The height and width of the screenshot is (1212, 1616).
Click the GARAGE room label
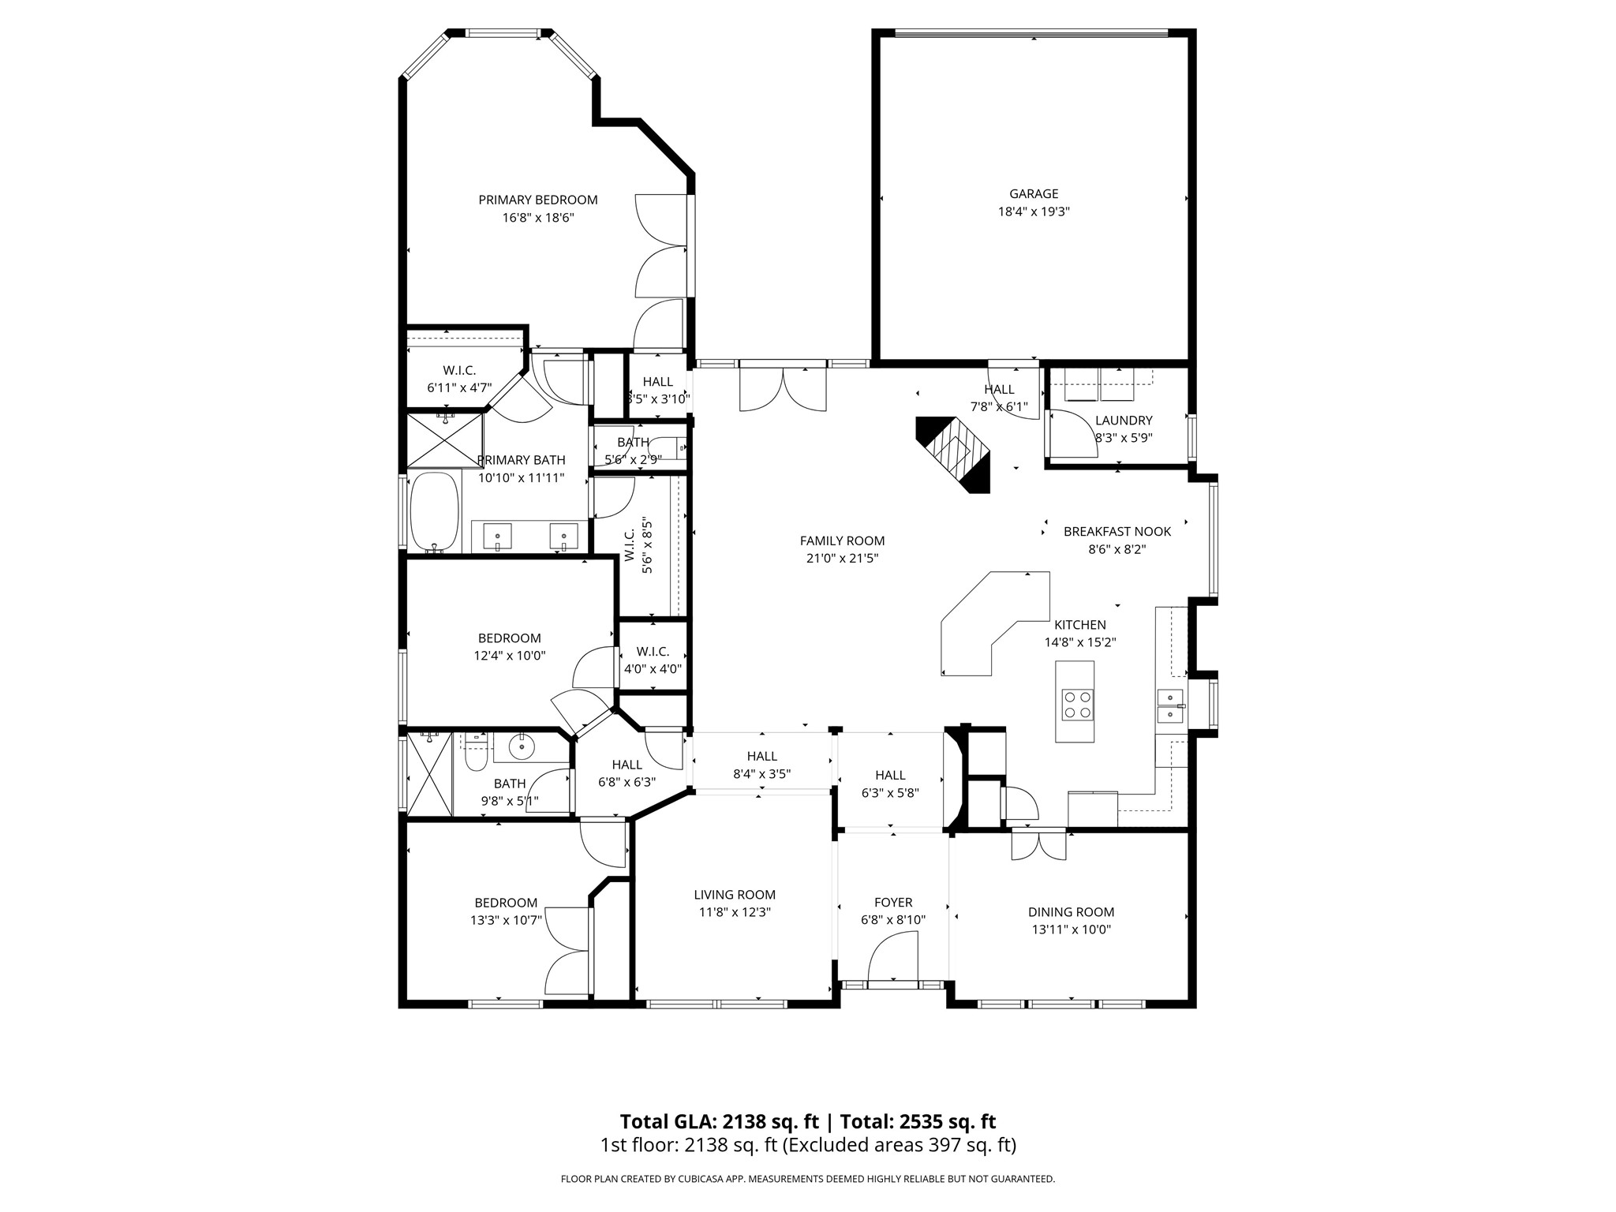(x=1033, y=193)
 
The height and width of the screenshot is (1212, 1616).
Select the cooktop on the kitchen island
(x=1075, y=703)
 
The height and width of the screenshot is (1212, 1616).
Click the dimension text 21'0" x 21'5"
(x=842, y=558)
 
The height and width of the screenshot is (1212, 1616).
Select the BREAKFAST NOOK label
(x=1117, y=532)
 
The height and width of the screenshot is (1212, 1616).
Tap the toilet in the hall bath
(x=476, y=755)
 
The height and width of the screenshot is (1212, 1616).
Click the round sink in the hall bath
(x=522, y=746)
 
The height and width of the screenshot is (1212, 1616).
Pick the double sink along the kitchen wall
(x=1169, y=705)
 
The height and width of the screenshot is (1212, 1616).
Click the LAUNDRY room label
(x=1123, y=421)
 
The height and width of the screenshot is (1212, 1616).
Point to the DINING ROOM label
(x=1071, y=912)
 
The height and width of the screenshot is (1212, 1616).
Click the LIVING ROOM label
(x=735, y=895)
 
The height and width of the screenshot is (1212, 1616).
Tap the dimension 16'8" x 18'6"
(x=537, y=217)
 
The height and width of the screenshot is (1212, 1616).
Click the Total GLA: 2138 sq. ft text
(x=719, y=1121)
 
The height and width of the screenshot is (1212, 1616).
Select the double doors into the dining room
(x=1038, y=844)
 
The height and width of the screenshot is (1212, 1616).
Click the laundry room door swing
(x=1072, y=434)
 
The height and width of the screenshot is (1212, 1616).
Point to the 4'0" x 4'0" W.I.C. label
(x=653, y=669)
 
